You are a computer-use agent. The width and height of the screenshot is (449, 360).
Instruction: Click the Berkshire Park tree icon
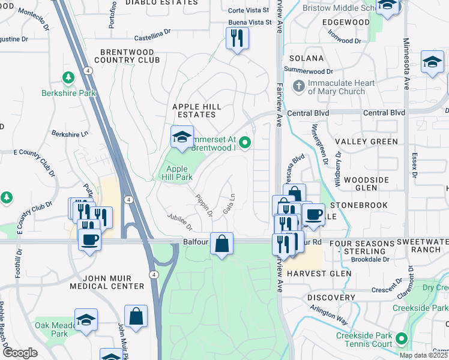click(68, 77)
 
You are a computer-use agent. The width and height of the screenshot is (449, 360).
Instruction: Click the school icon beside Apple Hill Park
click(182, 137)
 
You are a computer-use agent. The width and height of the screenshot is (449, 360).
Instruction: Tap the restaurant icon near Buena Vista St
click(237, 39)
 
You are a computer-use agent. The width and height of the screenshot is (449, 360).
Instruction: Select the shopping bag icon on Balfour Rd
click(222, 244)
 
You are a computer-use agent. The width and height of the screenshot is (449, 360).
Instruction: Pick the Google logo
click(20, 353)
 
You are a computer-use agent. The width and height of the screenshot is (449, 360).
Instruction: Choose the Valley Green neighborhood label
click(366, 142)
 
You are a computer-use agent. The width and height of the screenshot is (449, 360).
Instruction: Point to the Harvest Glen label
click(318, 274)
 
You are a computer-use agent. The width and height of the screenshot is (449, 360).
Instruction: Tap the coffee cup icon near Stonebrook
click(313, 214)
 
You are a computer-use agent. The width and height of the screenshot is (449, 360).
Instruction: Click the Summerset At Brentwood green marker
click(244, 143)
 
